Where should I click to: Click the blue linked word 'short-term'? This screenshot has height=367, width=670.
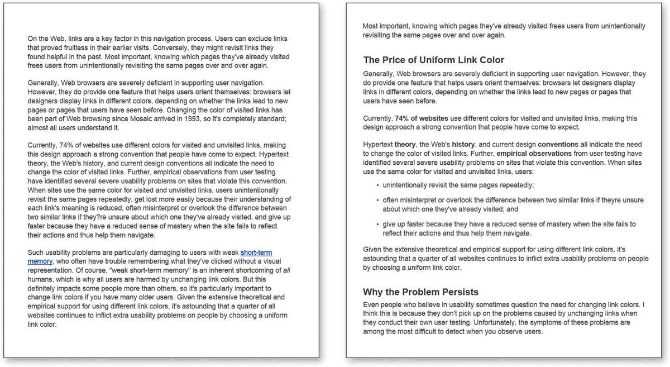[x=256, y=252]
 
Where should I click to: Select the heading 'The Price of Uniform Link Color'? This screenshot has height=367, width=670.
[x=433, y=60]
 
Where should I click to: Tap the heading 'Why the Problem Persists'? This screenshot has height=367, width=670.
[x=420, y=292]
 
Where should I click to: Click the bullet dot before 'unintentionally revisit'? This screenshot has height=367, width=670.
[x=377, y=185]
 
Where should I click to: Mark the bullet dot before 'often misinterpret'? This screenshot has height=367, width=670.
[x=377, y=200]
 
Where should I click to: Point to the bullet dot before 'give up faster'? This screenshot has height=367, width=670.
[x=377, y=225]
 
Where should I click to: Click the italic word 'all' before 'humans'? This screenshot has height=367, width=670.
[x=285, y=270]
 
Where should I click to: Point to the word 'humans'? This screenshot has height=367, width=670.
[x=40, y=279]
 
